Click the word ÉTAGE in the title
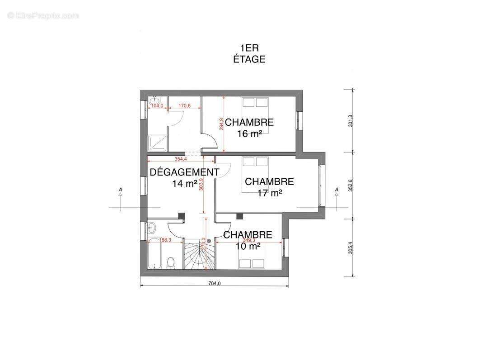pyautogui.click(x=249, y=59)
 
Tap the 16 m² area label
pyautogui.click(x=249, y=133)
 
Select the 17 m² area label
pyautogui.click(x=269, y=193)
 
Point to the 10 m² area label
pyautogui.click(x=248, y=246)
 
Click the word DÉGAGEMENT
pyautogui.click(x=184, y=172)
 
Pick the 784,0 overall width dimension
pyautogui.click(x=214, y=284)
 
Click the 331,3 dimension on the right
pyautogui.click(x=350, y=121)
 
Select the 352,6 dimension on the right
pyautogui.click(x=350, y=185)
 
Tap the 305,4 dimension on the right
pyautogui.click(x=350, y=247)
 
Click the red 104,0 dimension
pyautogui.click(x=157, y=106)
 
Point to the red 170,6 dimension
pyautogui.click(x=184, y=106)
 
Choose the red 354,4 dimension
pyautogui.click(x=181, y=159)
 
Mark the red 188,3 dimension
pyautogui.click(x=164, y=240)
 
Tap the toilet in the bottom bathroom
pyautogui.click(x=171, y=263)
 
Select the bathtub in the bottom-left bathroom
pyautogui.click(x=154, y=255)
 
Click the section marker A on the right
pyautogui.click(x=337, y=191)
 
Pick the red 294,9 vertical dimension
pyautogui.click(x=221, y=124)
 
